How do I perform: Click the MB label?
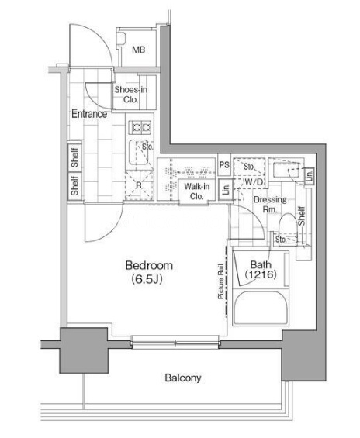[x=139, y=50]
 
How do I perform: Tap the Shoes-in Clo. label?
[x=130, y=95]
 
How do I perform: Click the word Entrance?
[x=89, y=114]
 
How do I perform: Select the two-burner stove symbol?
[x=141, y=127]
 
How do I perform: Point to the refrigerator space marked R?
[x=139, y=185]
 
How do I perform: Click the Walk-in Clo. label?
[x=197, y=191]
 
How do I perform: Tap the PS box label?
[x=224, y=165]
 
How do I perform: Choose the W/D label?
[x=254, y=182]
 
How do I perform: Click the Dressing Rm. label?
[x=270, y=205]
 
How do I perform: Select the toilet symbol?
[x=288, y=229]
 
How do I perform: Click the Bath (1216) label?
[x=261, y=269]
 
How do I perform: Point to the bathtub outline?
[x=261, y=308]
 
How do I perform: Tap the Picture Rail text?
[x=221, y=281]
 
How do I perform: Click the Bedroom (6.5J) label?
[x=149, y=272]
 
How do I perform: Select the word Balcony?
[x=183, y=378]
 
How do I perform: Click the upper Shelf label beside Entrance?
[x=75, y=157]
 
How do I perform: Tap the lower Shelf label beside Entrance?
[x=74, y=185]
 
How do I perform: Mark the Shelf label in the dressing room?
[x=301, y=216]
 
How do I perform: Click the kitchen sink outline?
[x=139, y=152]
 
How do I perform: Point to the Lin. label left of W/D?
[x=226, y=189]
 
